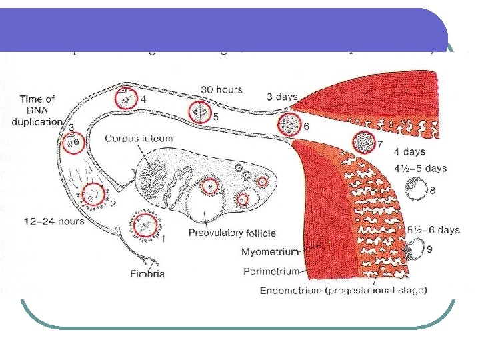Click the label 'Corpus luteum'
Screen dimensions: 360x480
click(x=139, y=138)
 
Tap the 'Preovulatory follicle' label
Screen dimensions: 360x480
click(x=232, y=233)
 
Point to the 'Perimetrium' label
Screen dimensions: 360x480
click(x=272, y=271)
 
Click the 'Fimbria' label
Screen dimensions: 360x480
click(x=147, y=273)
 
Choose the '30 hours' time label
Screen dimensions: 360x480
click(x=221, y=89)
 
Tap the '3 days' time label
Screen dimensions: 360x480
click(x=282, y=97)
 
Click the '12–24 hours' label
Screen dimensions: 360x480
click(x=53, y=221)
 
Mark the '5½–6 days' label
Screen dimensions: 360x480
click(x=433, y=230)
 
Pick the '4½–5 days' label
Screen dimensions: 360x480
click(x=419, y=169)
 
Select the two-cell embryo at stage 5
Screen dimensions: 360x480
click(x=199, y=113)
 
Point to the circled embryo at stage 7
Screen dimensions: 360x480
click(x=364, y=143)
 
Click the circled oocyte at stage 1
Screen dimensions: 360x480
click(x=145, y=226)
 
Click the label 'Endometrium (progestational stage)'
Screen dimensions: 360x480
click(x=343, y=290)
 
